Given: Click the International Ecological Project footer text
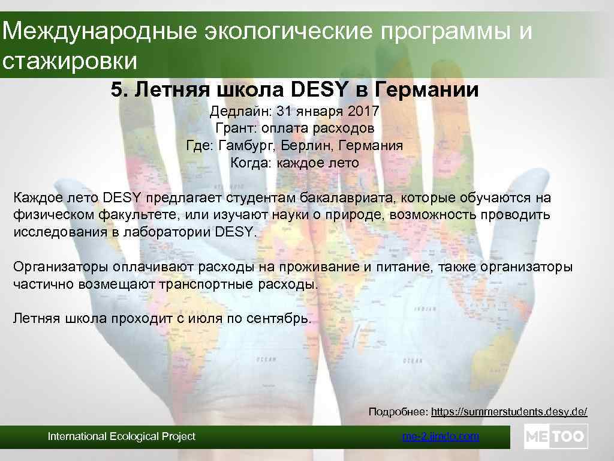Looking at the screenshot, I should point(122,436).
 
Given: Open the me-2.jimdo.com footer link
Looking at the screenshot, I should point(440,436).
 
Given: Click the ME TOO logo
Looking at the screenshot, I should point(555,436).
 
